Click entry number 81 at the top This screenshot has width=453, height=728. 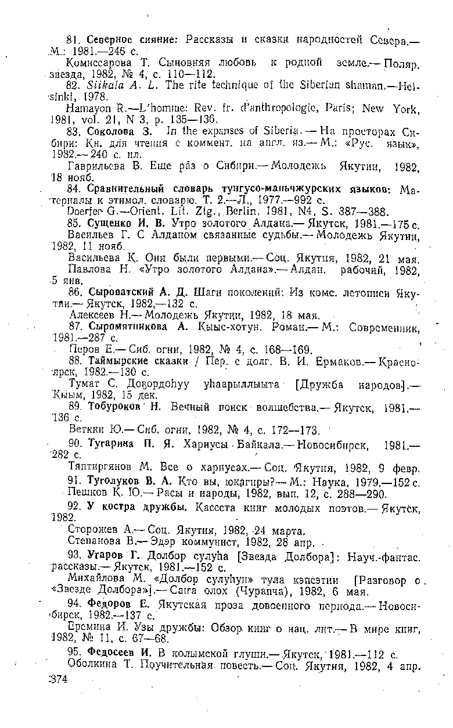(73, 40)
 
